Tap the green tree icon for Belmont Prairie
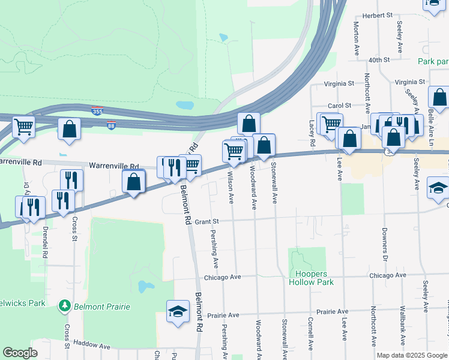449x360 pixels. pos(64,306)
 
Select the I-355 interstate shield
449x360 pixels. pos(97,111)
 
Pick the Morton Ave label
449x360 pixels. pos(357,39)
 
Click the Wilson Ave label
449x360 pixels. pos(231,187)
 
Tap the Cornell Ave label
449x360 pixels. pos(310,334)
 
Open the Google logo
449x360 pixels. pos(20,352)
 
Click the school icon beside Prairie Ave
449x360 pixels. pos(177,311)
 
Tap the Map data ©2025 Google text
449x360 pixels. pos(411,355)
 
